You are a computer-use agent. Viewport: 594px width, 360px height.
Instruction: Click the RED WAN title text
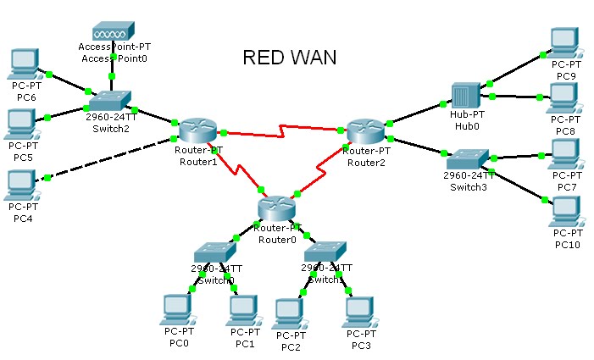pos(289,58)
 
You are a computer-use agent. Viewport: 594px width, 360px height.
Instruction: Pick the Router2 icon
pos(365,130)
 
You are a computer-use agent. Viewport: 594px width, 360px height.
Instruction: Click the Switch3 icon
pos(468,159)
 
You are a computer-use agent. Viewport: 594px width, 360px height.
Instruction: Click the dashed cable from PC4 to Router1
pos(106,159)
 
